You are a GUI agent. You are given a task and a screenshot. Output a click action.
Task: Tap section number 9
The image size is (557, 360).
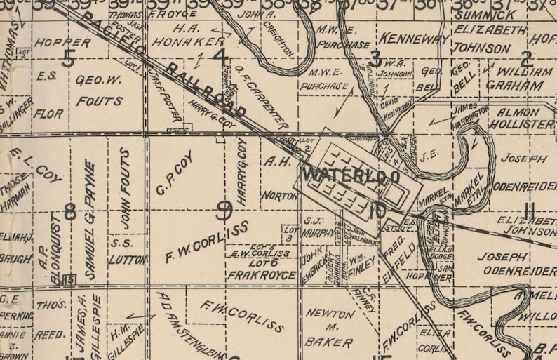pyautogui.click(x=224, y=208)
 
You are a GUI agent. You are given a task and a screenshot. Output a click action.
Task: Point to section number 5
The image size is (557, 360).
pyautogui.click(x=68, y=59)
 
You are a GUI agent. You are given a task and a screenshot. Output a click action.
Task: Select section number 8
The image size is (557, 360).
pyautogui.click(x=69, y=211)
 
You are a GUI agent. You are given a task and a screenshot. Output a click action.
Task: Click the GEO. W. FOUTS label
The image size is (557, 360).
pyautogui.click(x=98, y=90)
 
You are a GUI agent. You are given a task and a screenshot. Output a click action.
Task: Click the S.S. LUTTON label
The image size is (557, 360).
pyautogui.click(x=126, y=251)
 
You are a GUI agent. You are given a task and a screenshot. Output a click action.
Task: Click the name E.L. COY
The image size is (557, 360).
pyautogui.click(x=37, y=166)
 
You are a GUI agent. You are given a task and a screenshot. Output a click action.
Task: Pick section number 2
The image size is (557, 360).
pyautogui.click(x=528, y=59)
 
